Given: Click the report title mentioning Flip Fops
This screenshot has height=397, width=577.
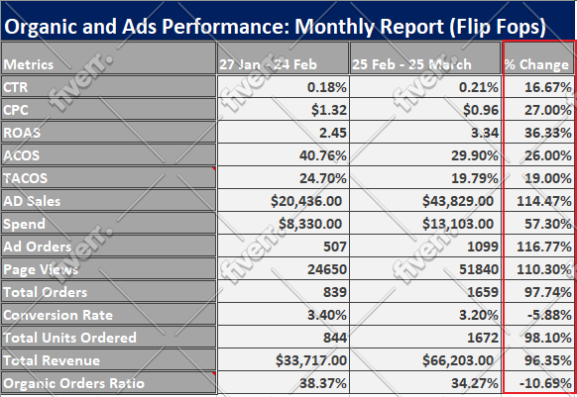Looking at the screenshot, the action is point(275,27).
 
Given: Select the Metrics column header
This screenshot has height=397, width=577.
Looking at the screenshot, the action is point(29,64).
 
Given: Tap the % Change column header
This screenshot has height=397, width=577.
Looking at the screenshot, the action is point(537,64).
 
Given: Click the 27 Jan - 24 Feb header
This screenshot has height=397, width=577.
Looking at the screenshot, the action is point(268,64).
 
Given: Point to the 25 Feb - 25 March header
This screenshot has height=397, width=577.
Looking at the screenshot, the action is point(411,64).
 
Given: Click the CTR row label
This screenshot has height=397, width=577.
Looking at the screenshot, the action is point(16,87).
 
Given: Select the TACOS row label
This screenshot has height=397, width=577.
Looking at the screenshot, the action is point(26,178).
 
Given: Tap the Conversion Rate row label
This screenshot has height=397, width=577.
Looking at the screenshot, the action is point(58,315).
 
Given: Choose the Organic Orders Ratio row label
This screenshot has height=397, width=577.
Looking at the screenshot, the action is point(74,383).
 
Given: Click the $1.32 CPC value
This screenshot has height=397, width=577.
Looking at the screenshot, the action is point(329,110).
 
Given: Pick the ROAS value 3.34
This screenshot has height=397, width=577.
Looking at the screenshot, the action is point(485,133).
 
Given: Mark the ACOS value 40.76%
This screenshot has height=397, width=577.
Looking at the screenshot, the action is point(323,155).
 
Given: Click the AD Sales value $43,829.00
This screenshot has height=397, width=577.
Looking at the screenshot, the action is point(458,201).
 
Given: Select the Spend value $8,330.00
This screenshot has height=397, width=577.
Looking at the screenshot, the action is point(310,224).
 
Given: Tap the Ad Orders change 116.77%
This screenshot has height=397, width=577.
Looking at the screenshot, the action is point(544,247).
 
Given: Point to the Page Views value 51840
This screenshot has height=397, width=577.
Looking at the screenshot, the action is point(479,269).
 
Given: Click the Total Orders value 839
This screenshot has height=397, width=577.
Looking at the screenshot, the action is point(335,292).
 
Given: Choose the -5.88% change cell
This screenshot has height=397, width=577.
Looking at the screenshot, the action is point(549,315).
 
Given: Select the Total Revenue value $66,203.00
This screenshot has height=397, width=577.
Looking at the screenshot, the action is point(458,360).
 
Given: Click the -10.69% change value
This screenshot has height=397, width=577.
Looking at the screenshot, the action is point(545,383).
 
